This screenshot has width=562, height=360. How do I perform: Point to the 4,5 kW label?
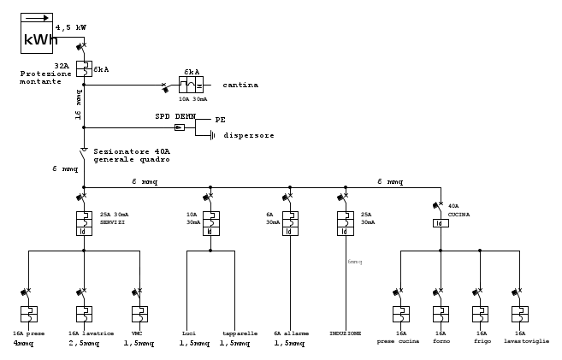pyautogui.click(x=70, y=27)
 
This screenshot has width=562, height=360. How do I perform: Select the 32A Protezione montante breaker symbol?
pyautogui.click(x=84, y=67)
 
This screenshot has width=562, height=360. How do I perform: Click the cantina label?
pyautogui.click(x=240, y=86)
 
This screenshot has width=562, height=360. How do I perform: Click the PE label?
pyautogui.click(x=220, y=120)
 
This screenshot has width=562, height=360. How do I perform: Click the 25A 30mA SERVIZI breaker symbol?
pyautogui.click(x=84, y=222)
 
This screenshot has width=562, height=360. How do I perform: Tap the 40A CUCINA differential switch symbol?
pyautogui.click(x=441, y=222)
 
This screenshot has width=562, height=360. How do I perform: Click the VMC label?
pyautogui.click(x=138, y=333)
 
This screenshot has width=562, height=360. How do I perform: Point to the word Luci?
pyautogui.click(x=189, y=333)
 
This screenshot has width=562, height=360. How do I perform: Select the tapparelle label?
pyautogui.click(x=234, y=333)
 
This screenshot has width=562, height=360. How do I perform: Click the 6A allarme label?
pyautogui.click(x=292, y=333)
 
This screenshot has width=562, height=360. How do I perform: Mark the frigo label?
pyautogui.click(x=482, y=340)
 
